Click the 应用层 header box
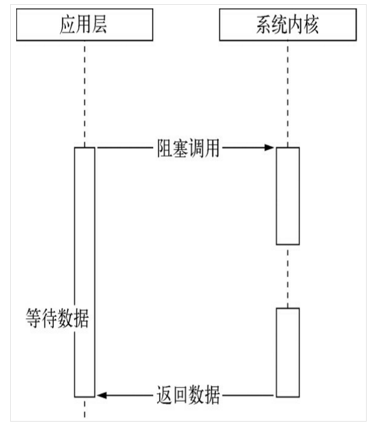click(84, 26)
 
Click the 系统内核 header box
click(288, 26)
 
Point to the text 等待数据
click(57, 318)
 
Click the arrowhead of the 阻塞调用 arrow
click(270, 147)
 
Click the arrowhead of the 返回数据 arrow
click(102, 395)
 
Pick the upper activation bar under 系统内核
click(288, 196)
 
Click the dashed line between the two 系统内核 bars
click(288, 276)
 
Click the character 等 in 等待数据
click(34, 318)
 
